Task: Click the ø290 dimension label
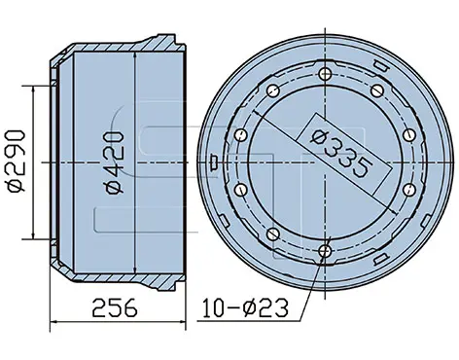coord(17,162)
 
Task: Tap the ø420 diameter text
coord(114,162)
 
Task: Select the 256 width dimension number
coord(115,308)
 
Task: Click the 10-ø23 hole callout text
coord(245,307)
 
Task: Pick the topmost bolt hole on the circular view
coord(325,74)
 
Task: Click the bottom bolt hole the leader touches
coord(325,250)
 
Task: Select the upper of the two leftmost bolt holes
coord(240,134)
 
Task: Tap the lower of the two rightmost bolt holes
coord(409,190)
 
